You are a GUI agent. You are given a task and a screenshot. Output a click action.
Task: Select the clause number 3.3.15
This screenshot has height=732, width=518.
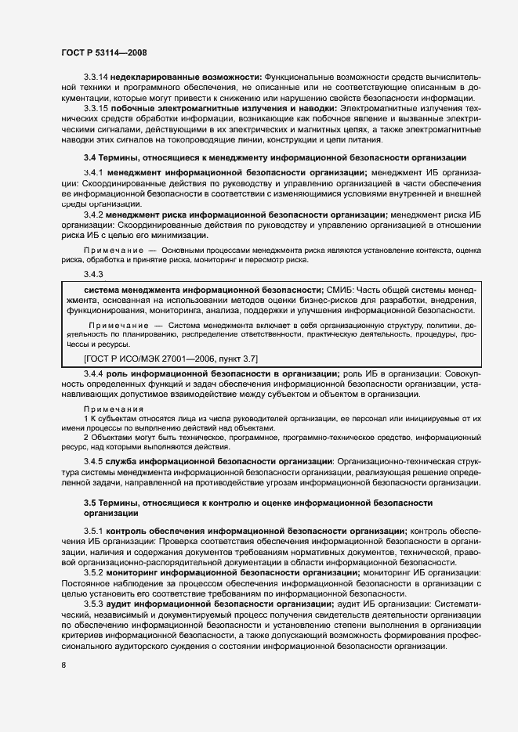[96, 108]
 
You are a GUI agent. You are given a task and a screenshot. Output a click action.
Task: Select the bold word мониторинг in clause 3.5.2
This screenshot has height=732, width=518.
[132, 572]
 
